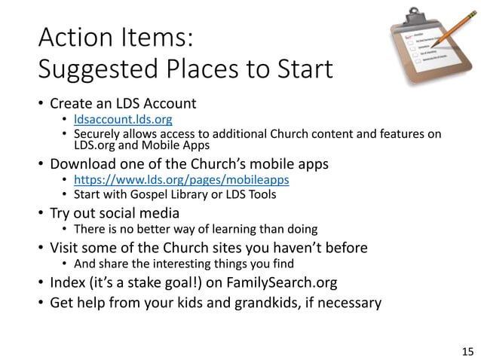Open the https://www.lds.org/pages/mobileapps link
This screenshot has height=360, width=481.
181,180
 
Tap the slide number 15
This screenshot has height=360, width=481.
467,350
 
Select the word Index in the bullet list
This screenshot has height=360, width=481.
67,283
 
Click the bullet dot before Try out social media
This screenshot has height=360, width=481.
40,212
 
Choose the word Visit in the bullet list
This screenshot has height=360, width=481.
66,248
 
